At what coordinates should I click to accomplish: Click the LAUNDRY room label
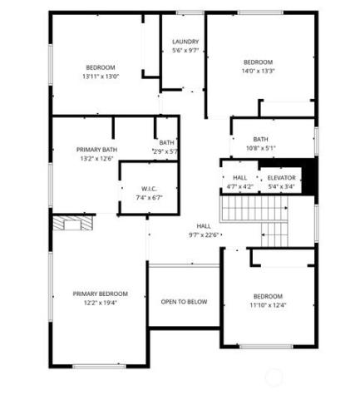[185, 42]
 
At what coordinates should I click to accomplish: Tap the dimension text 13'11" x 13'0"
[101, 77]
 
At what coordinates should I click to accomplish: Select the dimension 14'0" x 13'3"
[258, 71]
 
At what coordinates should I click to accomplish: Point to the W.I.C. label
[150, 188]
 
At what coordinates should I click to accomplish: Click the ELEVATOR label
[281, 178]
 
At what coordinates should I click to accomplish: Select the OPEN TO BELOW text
[185, 301]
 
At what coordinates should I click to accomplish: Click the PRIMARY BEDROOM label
[100, 294]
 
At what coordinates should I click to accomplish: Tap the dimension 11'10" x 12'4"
[269, 305]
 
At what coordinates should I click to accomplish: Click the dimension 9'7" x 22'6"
[204, 235]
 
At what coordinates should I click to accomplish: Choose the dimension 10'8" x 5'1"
[260, 148]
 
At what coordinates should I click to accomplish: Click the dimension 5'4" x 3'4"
[281, 186]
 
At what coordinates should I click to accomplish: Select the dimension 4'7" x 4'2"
[240, 186]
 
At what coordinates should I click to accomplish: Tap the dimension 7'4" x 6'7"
[150, 197]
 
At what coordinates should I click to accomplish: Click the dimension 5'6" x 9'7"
[185, 51]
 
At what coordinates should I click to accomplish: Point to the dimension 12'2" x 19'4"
[100, 303]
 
